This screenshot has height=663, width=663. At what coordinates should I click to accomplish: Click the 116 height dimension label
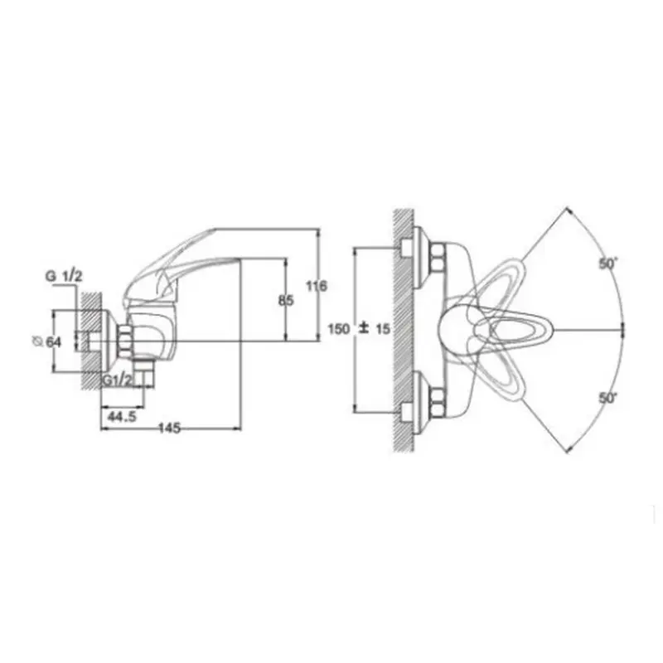[317, 286]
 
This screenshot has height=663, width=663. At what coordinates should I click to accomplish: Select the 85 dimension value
[286, 301]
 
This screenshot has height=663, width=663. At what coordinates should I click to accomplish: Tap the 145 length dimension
[170, 428]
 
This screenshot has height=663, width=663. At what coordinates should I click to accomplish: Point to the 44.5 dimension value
[122, 417]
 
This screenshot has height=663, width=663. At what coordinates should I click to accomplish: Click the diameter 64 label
[47, 341]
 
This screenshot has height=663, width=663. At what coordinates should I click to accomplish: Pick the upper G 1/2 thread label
[64, 277]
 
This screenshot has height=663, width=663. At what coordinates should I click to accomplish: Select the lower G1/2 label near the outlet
[118, 380]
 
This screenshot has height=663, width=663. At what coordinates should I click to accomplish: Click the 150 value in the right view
[339, 328]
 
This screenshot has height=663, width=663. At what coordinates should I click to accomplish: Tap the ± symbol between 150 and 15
[363, 328]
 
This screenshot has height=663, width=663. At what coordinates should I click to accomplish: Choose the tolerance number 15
[383, 328]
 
